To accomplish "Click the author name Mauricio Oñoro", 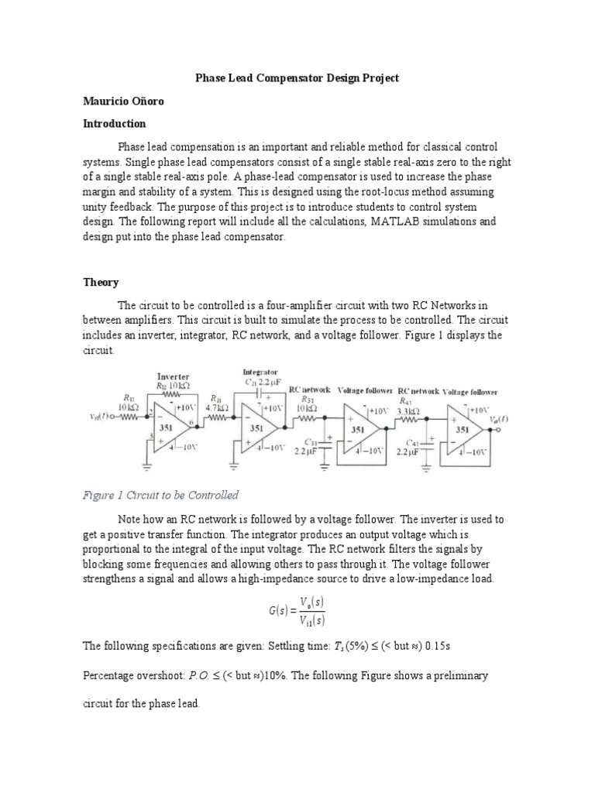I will tap(123, 101).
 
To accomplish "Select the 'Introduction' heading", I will tap(115, 124).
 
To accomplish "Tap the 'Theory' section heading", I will tap(101, 283).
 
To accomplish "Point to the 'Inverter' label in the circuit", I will tap(174, 376).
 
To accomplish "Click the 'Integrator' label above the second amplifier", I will tap(260, 372).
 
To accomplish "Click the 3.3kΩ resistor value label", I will tap(408, 410).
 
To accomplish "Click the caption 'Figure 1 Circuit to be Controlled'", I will tap(160, 495).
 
